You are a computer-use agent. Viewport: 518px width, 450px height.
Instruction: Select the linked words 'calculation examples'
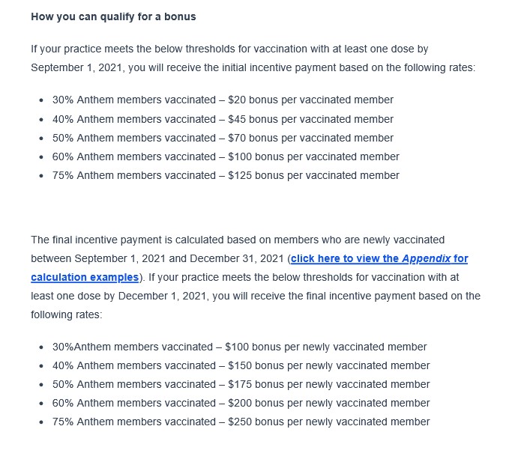tap(85, 277)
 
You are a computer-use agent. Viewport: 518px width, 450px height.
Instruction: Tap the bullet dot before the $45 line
tap(40, 120)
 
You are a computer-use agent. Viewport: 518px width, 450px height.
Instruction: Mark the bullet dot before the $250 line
tap(40, 422)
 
